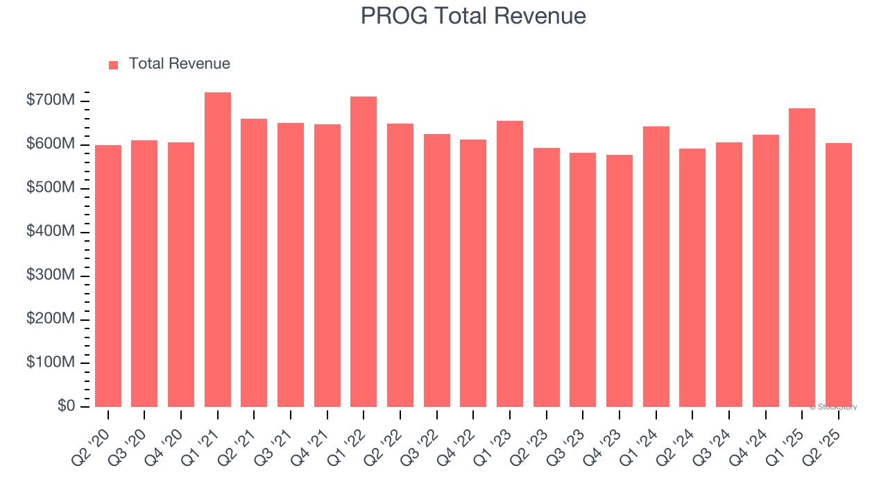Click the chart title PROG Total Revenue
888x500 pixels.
pyautogui.click(x=473, y=15)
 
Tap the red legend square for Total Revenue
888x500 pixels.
pyautogui.click(x=114, y=65)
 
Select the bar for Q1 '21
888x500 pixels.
pyautogui.click(x=218, y=250)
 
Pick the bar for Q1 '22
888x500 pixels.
pyautogui.click(x=364, y=251)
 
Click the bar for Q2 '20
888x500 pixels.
pyautogui.click(x=108, y=276)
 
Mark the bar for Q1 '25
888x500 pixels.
pyautogui.click(x=802, y=258)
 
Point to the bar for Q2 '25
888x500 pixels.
pyautogui.click(x=838, y=275)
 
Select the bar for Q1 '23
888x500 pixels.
pyautogui.click(x=510, y=264)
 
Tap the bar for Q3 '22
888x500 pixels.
pyautogui.click(x=437, y=270)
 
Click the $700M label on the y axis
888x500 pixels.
pyautogui.click(x=50, y=101)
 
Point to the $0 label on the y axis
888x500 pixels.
pyautogui.click(x=66, y=406)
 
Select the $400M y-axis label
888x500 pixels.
pyautogui.click(x=50, y=232)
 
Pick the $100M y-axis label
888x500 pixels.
pyautogui.click(x=50, y=362)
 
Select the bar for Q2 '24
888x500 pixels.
pyautogui.click(x=692, y=278)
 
